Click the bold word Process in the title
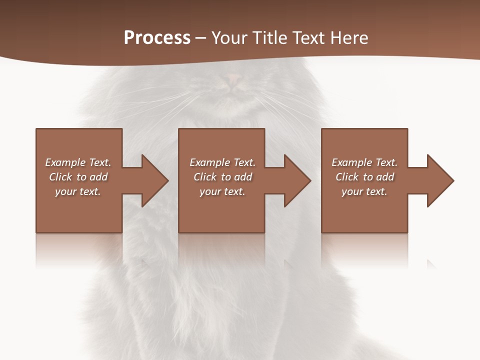click(x=157, y=38)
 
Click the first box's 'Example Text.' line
click(x=78, y=162)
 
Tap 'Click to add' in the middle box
click(x=222, y=177)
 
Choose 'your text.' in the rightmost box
click(x=364, y=191)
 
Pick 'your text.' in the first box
click(x=78, y=191)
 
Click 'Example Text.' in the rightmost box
click(x=364, y=162)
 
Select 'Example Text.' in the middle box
click(x=222, y=162)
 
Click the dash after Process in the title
click(x=200, y=38)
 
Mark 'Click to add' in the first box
click(x=78, y=177)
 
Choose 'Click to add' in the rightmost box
click(x=364, y=177)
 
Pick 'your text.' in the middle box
click(x=222, y=191)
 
